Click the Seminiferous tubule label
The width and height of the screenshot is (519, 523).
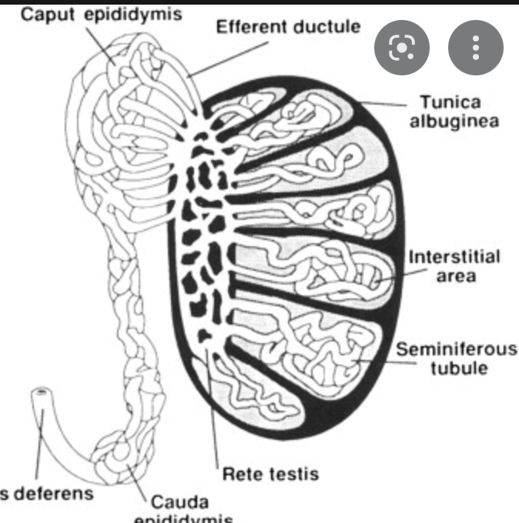coord(457,358)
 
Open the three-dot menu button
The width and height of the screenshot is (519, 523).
coord(476,48)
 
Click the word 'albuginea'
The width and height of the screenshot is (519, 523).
coord(455,122)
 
